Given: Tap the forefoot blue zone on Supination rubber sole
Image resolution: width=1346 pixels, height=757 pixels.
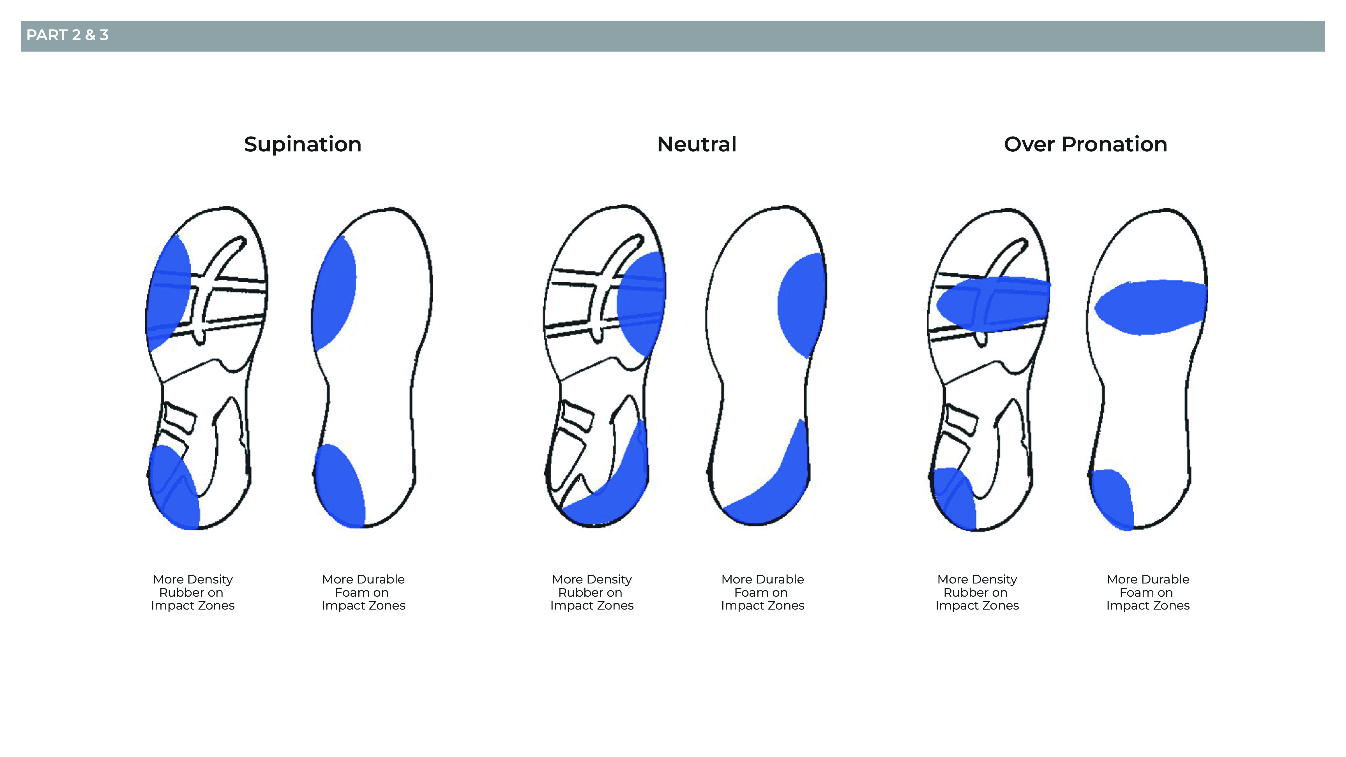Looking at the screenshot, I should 168,292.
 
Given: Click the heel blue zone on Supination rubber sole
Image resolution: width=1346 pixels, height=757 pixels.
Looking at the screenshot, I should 174,488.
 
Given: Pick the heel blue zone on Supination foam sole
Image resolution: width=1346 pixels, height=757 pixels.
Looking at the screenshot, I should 340,486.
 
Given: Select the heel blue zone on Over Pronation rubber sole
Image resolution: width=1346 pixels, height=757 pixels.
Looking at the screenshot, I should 954,499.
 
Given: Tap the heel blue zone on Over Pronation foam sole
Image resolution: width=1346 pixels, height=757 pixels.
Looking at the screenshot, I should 1112,499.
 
